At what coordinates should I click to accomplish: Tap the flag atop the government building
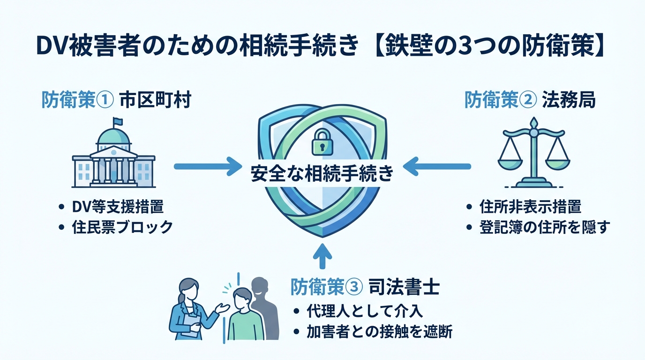(x=118, y=121)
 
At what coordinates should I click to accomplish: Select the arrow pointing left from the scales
(x=437, y=165)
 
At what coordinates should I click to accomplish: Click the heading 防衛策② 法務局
(x=530, y=100)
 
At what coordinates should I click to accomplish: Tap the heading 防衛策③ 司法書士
(x=365, y=287)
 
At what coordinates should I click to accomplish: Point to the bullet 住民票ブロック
(x=122, y=227)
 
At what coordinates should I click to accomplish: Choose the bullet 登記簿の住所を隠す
(x=544, y=227)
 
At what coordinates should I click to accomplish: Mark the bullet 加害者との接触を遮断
(x=379, y=332)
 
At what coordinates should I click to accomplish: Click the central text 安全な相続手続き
(x=322, y=174)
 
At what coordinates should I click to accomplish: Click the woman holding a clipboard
(x=190, y=309)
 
